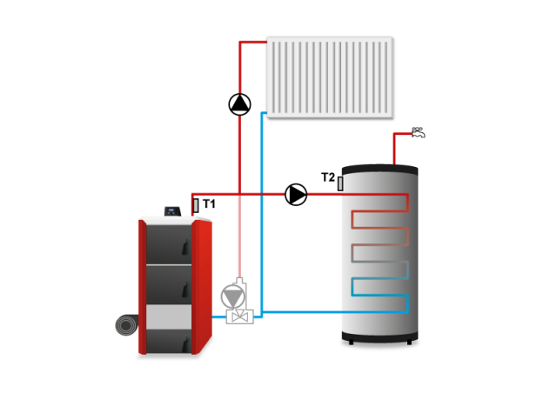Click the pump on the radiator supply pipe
[239, 104]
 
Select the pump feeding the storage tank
[297, 195]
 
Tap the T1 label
[210, 204]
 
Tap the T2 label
[327, 177]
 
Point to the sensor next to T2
[341, 183]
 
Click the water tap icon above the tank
[419, 133]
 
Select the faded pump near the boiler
[233, 295]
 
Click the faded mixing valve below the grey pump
[238, 317]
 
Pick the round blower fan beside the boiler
[127, 325]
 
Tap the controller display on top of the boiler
[172, 210]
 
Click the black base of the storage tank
[379, 340]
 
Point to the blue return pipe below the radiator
[262, 217]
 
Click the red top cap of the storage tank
[379, 166]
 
